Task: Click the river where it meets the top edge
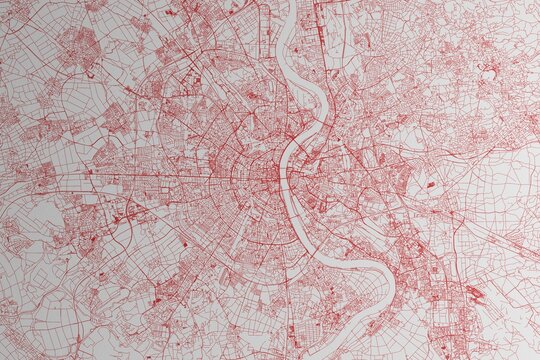(291, 3)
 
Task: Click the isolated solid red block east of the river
(430, 185)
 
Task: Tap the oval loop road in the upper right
(489, 74)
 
